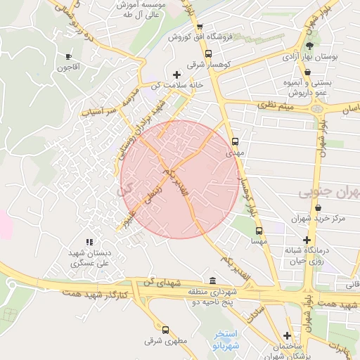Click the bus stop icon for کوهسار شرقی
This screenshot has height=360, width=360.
207,53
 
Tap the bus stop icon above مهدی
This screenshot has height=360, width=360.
235,140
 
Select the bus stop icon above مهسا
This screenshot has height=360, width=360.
259,230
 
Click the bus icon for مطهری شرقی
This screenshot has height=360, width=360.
165,330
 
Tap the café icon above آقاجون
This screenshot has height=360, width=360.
68,56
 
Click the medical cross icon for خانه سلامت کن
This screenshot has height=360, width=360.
176,75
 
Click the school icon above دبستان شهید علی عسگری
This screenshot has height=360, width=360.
89,242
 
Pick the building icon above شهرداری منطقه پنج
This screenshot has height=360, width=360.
213,281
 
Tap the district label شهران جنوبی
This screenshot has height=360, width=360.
329,192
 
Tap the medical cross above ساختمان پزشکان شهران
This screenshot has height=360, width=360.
287,335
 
